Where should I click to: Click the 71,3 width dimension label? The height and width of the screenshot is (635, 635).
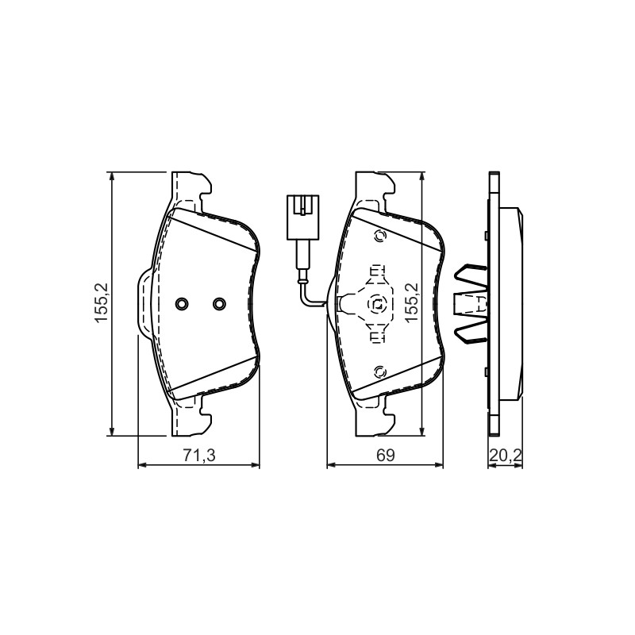point(199,456)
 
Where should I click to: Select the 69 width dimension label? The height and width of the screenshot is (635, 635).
point(385,456)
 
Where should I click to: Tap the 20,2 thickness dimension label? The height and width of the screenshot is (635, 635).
point(505,456)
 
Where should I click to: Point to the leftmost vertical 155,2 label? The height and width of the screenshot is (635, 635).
point(101,303)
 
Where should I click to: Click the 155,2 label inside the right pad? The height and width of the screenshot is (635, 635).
point(412,303)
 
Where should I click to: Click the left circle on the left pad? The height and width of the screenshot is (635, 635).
point(182,303)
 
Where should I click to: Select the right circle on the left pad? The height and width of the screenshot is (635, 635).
point(220,303)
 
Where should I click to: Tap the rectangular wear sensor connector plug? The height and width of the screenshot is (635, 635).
point(302,217)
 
